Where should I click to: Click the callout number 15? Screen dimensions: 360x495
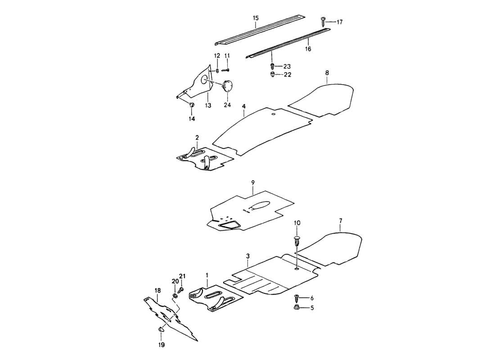tap(256, 18)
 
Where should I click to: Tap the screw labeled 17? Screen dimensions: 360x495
tap(323, 21)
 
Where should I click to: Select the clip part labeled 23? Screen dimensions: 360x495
tap(272, 66)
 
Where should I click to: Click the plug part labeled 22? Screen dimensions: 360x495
tap(273, 75)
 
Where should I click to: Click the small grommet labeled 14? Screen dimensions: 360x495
tap(191, 105)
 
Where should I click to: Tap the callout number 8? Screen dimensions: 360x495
tap(327, 72)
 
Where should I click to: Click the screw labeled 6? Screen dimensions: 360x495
tap(297, 298)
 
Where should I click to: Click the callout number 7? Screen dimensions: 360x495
tap(340, 220)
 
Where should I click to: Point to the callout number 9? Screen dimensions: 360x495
tap(253, 182)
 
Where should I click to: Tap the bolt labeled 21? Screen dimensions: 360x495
tap(181, 290)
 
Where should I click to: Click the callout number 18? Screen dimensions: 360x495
tap(157, 291)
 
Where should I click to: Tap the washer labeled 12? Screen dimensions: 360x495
tap(218, 70)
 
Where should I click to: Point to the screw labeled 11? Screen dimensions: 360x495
tap(226, 70)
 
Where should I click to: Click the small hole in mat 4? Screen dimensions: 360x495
tap(273, 115)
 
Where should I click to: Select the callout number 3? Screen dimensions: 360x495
tap(247, 256)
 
